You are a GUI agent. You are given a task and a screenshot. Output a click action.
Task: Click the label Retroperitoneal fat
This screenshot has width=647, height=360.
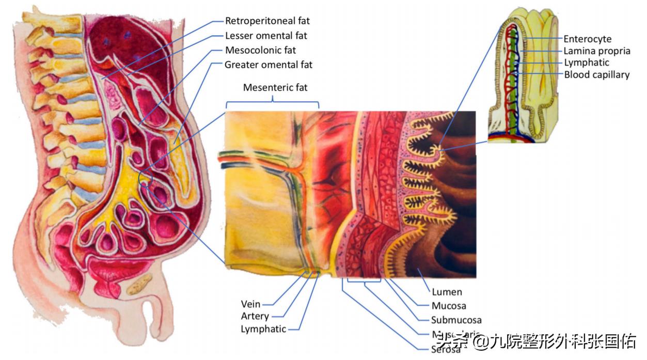pyautogui.click(x=267, y=21)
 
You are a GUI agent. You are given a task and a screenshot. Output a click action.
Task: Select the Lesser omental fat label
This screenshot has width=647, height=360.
pyautogui.click(x=266, y=36)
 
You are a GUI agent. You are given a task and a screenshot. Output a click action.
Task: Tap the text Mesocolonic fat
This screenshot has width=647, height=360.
pyautogui.click(x=261, y=50)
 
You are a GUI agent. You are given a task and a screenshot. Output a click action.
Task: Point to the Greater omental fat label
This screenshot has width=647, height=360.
pyautogui.click(x=269, y=65)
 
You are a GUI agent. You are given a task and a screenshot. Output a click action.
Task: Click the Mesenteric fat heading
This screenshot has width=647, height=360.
pyautogui.click(x=275, y=87)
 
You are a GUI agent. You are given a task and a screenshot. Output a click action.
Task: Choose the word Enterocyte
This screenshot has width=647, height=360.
pyautogui.click(x=587, y=39)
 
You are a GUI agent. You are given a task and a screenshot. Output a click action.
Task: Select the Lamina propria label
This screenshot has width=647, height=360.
pyautogui.click(x=596, y=51)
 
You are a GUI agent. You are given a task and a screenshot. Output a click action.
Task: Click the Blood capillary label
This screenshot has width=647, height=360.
pyautogui.click(x=596, y=75)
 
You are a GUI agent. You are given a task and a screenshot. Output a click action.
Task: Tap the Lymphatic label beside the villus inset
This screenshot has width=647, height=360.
pyautogui.click(x=586, y=62)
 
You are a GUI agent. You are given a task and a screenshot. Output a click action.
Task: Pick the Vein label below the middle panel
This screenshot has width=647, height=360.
pyautogui.click(x=250, y=304)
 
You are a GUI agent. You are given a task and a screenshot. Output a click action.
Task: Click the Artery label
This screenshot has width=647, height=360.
pyautogui.click(x=255, y=316)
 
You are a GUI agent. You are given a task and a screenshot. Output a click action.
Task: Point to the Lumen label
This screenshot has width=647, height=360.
pyautogui.click(x=447, y=292)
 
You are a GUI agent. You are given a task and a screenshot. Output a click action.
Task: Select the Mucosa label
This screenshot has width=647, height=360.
pyautogui.click(x=448, y=306)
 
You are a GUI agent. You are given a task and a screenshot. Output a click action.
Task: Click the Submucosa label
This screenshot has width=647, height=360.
pyautogui.click(x=456, y=320)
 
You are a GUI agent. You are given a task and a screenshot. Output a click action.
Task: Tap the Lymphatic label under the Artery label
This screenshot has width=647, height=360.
pyautogui.click(x=263, y=329)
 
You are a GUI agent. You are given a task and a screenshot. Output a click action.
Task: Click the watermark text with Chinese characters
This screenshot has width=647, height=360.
pyautogui.click(x=537, y=341)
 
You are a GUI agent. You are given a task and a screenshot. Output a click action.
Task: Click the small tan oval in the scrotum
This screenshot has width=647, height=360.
pyautogui.click(x=140, y=284)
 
